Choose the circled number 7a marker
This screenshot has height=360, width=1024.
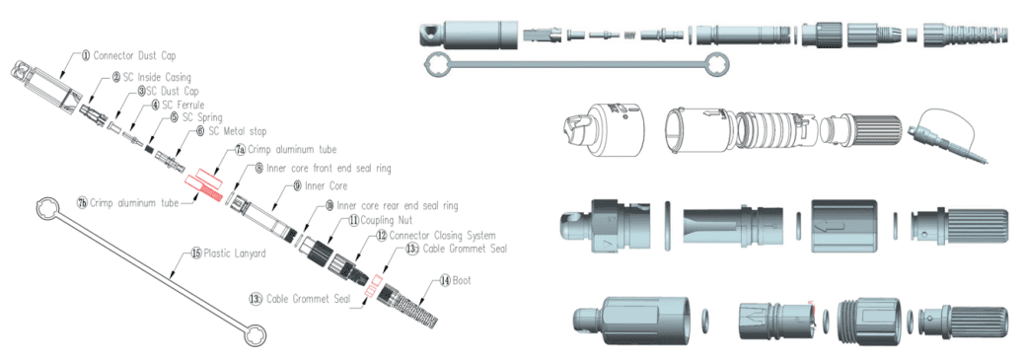[240, 151]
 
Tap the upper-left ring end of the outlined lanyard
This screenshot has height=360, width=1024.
[42, 208]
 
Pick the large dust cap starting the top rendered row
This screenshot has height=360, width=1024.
[469, 34]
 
